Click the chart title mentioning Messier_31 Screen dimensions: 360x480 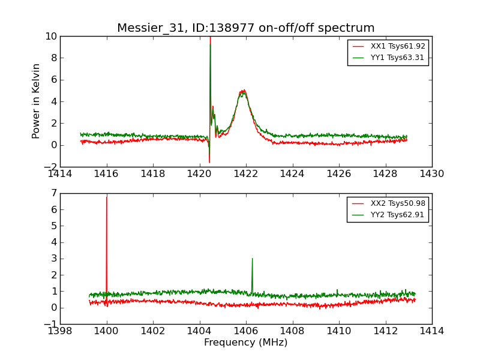[x=245, y=28]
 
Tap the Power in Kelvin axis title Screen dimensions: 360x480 [x=37, y=101]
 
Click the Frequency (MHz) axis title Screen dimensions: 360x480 [x=245, y=343]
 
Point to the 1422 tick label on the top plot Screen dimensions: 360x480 [x=246, y=174]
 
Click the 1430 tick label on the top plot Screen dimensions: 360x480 [x=431, y=174]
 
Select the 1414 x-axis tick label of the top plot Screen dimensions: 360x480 [x=61, y=174]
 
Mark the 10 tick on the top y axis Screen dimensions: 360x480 [x=50, y=37]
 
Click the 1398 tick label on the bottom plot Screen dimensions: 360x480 [x=61, y=331]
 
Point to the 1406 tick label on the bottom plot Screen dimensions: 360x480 [x=246, y=331]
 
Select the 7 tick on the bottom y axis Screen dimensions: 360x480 [x=53, y=194]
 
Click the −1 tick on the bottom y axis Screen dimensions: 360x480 [x=50, y=324]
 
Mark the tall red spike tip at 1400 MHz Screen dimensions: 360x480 [x=107, y=197]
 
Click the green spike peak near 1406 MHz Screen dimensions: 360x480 [x=252, y=259]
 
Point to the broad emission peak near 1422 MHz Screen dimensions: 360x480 [x=243, y=91]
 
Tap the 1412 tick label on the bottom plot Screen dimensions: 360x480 [x=385, y=331]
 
